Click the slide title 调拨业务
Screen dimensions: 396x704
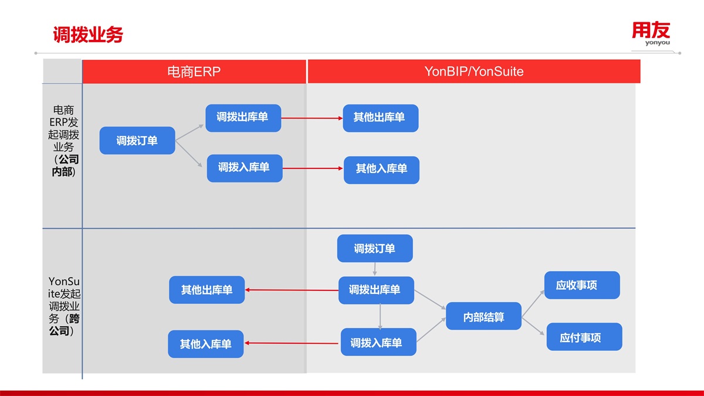88,35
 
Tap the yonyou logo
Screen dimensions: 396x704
651,33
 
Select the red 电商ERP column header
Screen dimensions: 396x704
194,72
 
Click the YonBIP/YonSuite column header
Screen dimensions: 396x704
473,72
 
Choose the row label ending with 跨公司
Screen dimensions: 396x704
63,306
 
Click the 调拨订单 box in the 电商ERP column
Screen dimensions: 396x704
137,141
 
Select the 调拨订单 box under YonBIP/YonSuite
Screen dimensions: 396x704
375,249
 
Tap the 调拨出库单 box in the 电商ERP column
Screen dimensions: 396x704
243,118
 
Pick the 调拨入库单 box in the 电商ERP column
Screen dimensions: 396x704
245,168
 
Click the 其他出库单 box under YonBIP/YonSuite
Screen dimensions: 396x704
380,118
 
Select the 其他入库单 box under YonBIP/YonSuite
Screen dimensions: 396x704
381,170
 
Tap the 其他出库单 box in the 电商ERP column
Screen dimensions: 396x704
207,290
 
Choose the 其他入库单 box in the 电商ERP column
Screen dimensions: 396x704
206,344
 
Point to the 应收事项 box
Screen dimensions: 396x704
581,286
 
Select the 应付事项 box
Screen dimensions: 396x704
584,337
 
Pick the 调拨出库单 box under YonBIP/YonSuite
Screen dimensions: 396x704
375,290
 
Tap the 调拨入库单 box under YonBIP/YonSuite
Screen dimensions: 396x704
378,343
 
